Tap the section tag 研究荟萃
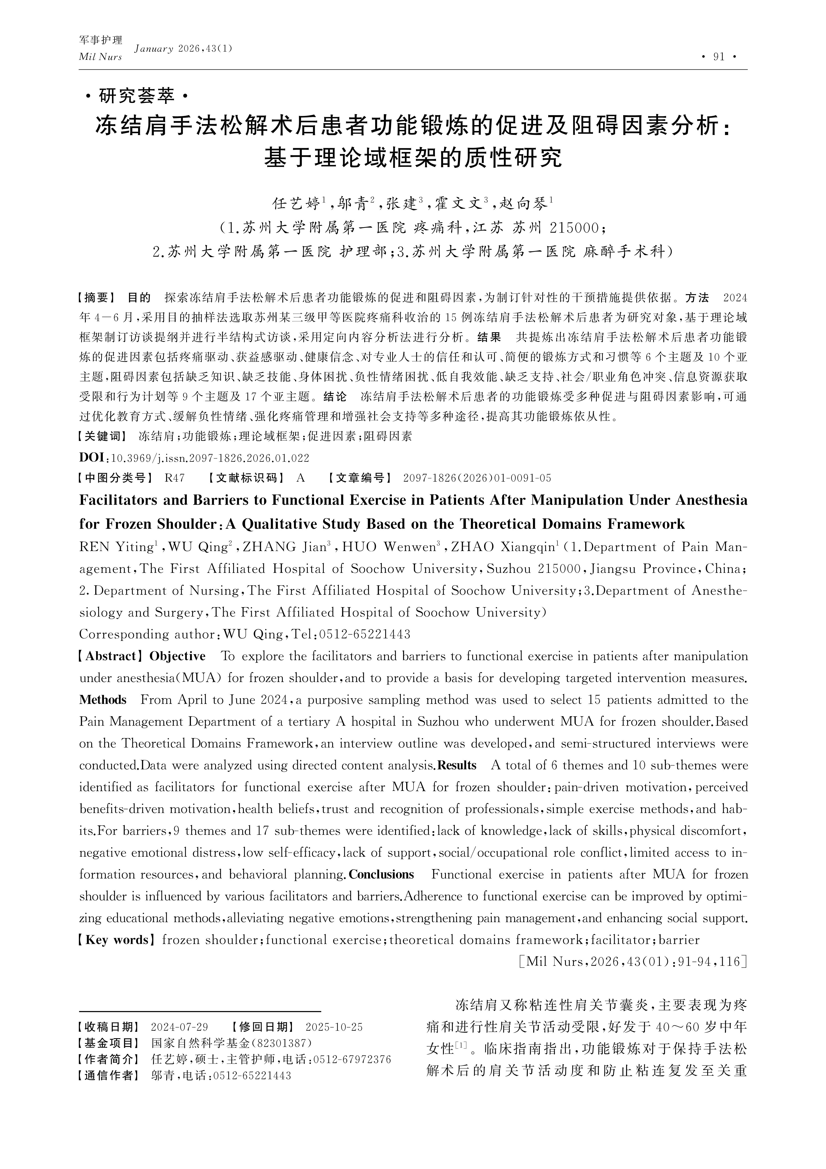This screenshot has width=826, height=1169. (x=136, y=96)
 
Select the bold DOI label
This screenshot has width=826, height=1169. (x=92, y=457)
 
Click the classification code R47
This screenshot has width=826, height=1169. (x=175, y=478)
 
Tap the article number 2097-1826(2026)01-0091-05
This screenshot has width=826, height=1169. (x=477, y=478)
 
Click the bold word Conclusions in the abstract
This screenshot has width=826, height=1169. (x=381, y=874)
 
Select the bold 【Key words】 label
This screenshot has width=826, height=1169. (x=117, y=940)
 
